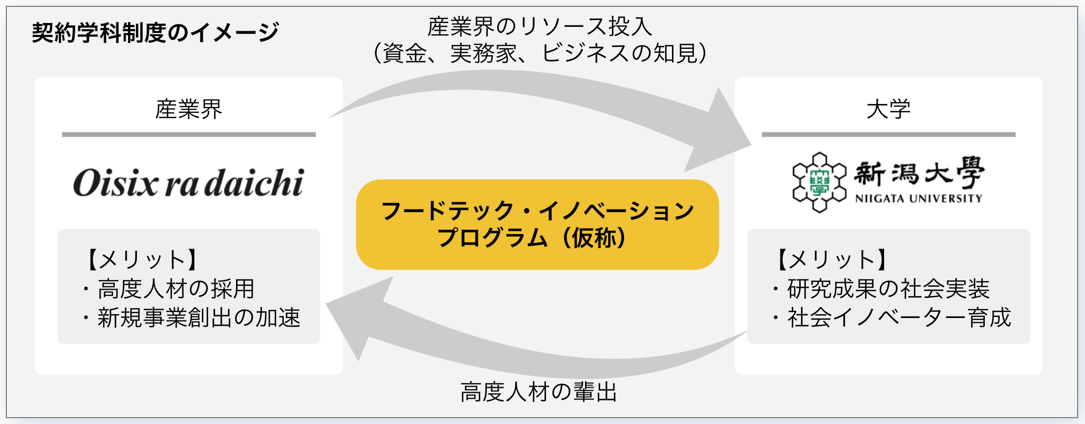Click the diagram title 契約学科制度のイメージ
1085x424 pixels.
pos(155,33)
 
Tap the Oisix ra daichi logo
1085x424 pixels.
pos(189,183)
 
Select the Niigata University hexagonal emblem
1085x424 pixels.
pos(819,182)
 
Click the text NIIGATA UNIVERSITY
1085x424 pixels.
pos(918,198)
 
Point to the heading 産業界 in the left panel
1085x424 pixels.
pos(189,109)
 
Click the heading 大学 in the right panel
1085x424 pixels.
pos(888,109)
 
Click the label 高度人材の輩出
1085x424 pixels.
pos(539,392)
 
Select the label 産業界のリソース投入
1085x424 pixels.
pos(540,26)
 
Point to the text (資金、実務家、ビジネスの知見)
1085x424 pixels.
pos(540,53)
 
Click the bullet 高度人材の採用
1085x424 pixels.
pos(175,289)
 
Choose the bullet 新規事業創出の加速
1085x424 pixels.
pos(198,318)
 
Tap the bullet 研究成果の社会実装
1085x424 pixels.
pos(888,289)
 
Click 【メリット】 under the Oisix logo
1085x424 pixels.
pos(142,259)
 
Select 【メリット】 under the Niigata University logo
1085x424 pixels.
pos(832,259)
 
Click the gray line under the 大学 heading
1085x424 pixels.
pos(888,134)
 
